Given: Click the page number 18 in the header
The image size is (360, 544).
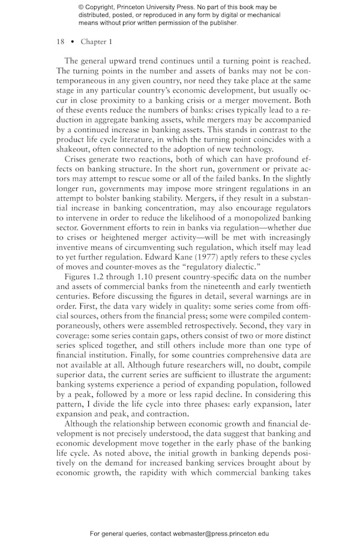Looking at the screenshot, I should pyautogui.click(x=60, y=41).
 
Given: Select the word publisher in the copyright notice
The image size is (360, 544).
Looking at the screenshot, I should pyautogui.click(x=218, y=23).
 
